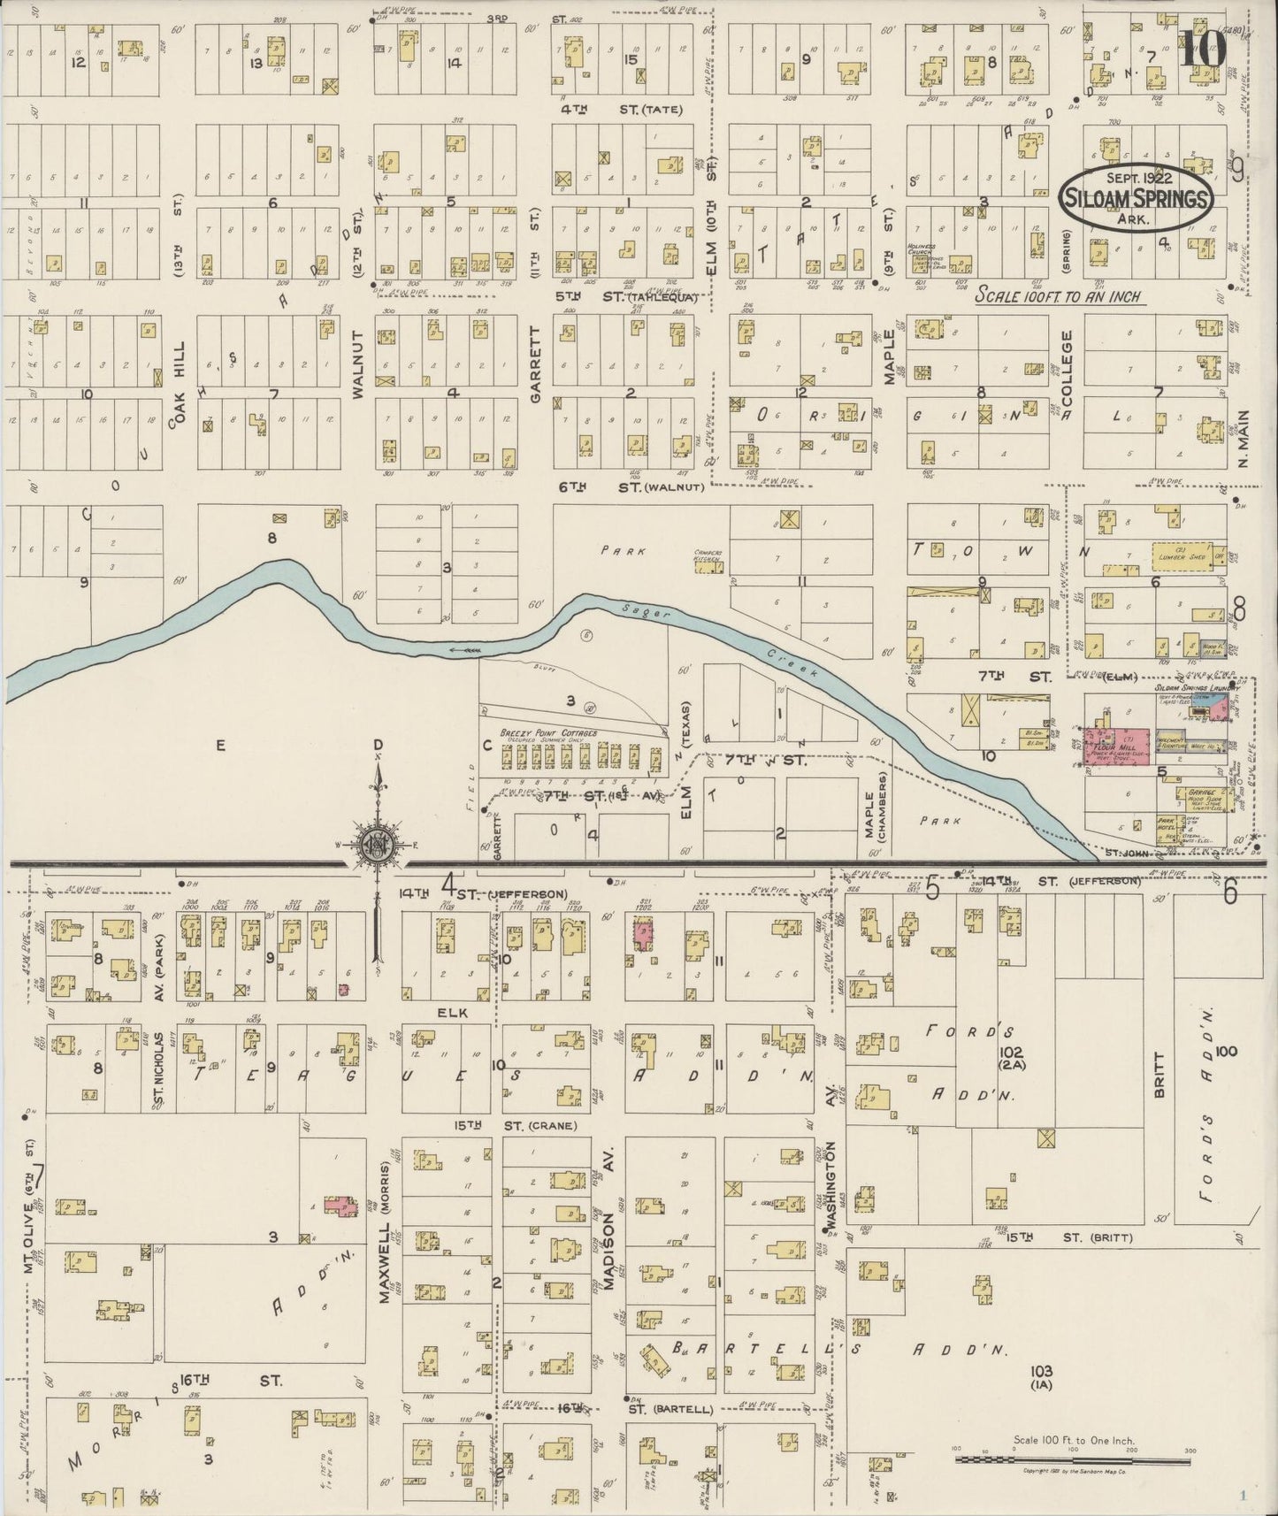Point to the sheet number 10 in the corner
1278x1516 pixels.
(x=1203, y=50)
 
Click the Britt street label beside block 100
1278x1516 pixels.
(x=1159, y=1080)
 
